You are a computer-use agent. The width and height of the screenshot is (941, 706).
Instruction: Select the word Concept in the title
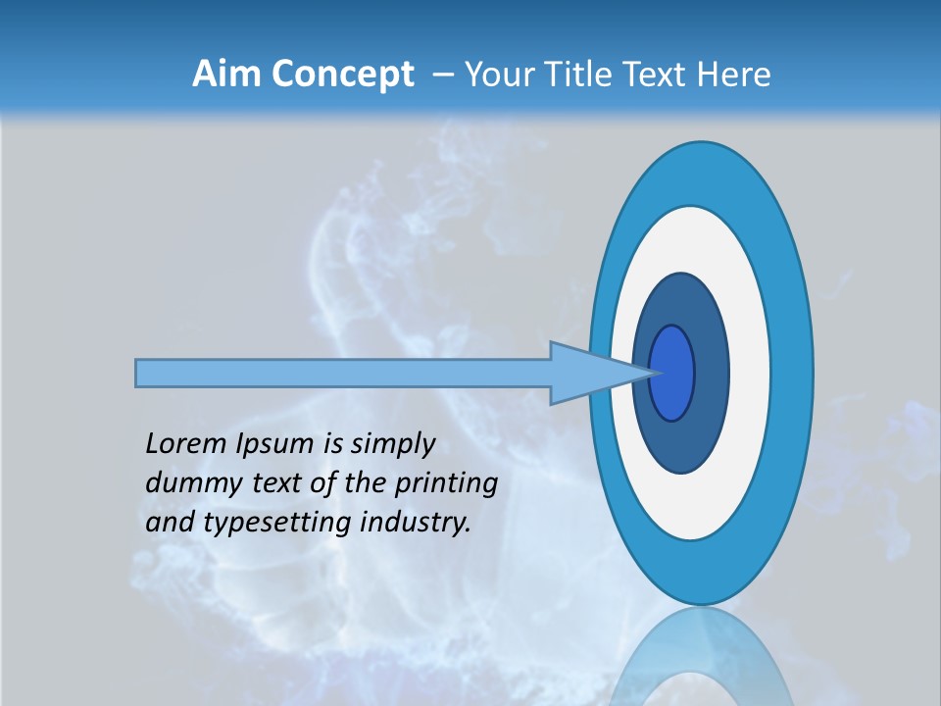click(342, 76)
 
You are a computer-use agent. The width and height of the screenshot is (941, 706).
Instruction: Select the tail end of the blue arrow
click(139, 373)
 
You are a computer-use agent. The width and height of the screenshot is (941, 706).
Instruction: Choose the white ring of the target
click(749, 373)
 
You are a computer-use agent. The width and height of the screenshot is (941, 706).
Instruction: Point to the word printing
click(446, 484)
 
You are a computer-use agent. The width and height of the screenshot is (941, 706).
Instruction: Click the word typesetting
click(276, 524)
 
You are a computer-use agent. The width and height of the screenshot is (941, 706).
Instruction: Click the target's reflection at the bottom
click(701, 662)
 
